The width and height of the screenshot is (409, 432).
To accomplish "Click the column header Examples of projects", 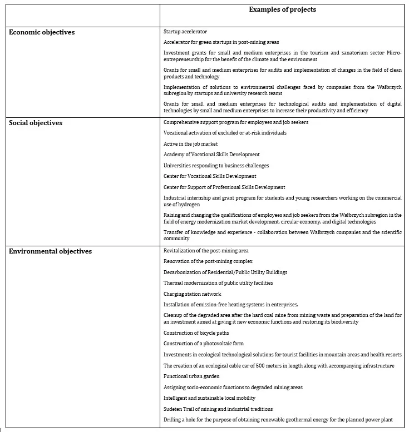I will point(282,9).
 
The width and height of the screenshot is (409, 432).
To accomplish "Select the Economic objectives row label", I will point(42,32).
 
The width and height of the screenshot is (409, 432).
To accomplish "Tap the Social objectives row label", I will point(36,123).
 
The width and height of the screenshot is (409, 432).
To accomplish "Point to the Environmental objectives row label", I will point(51,251).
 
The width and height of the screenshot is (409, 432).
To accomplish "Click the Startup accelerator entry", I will point(185,32).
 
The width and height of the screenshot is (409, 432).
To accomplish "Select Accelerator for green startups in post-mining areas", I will point(221,42).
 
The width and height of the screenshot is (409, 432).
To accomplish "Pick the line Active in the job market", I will point(190,144).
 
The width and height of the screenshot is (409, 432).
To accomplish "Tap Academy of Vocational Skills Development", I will point(211,155).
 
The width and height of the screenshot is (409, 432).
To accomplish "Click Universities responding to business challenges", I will point(216,166).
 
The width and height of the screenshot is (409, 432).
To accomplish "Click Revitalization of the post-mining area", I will point(206,251).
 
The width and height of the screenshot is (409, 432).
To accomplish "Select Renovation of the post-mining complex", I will point(208,261).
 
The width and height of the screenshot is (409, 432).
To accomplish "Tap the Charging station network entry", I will point(192,294).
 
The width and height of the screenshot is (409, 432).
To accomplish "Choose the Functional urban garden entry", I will point(191,376).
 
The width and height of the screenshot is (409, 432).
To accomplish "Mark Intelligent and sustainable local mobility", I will point(210,398).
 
